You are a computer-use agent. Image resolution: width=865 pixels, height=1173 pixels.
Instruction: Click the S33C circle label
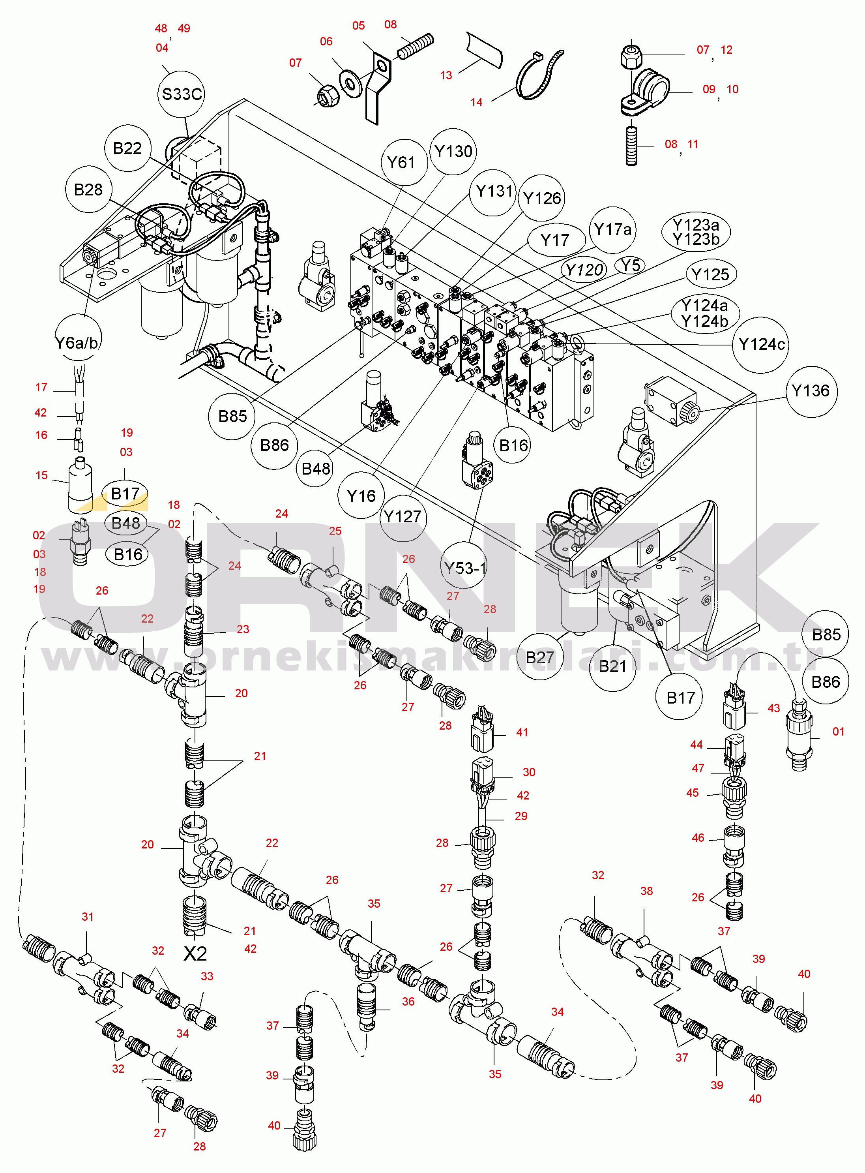[x=181, y=94]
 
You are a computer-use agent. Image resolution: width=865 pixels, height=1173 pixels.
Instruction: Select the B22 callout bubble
[x=127, y=148]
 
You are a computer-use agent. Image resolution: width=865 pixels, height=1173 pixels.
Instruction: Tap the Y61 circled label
[x=401, y=162]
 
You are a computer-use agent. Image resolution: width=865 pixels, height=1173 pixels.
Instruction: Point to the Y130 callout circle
[x=453, y=151]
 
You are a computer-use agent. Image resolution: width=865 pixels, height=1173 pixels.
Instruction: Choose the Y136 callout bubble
[x=811, y=391]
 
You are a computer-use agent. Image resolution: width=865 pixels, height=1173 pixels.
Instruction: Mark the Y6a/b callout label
[x=77, y=343]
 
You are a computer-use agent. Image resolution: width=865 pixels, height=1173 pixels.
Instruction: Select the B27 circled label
[x=539, y=657]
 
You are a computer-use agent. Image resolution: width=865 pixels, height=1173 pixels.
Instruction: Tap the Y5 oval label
[x=631, y=266]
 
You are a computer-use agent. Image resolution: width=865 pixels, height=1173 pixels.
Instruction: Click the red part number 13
[x=446, y=75]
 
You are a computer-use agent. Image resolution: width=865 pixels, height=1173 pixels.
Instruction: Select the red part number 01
[x=838, y=731]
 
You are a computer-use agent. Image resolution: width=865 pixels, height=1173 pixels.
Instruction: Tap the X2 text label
[x=195, y=953]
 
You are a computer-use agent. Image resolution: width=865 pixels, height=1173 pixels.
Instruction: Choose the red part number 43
[x=773, y=708]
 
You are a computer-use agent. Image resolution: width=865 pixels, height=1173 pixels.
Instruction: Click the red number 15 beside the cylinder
[x=42, y=475]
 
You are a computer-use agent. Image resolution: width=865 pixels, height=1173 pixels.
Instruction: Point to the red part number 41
[x=522, y=732]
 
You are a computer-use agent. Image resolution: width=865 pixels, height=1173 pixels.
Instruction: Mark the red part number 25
[x=335, y=531]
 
